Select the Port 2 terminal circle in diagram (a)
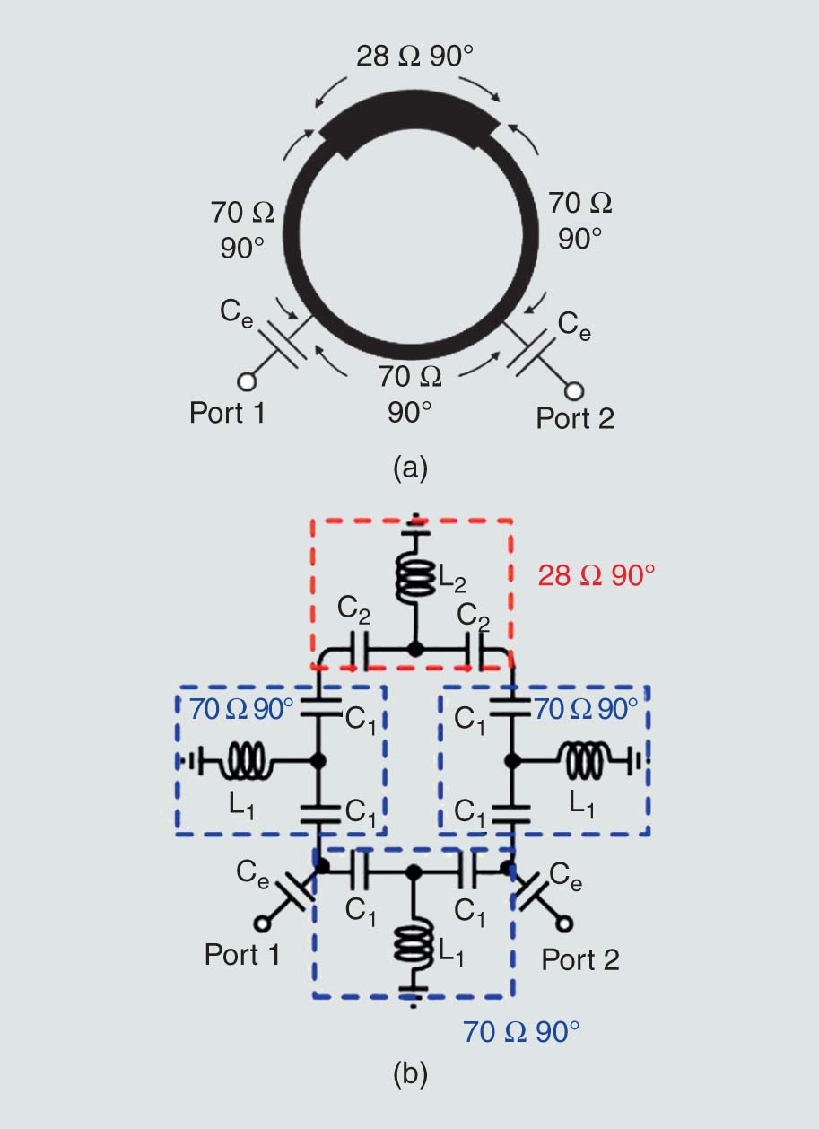tap(574, 391)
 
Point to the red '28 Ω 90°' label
tap(597, 575)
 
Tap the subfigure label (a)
tap(410, 467)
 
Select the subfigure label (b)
tap(410, 1072)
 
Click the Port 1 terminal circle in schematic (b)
tap(264, 923)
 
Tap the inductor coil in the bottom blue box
tap(414, 945)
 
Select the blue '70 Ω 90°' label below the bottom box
tap(521, 1031)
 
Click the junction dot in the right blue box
tap(512, 761)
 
